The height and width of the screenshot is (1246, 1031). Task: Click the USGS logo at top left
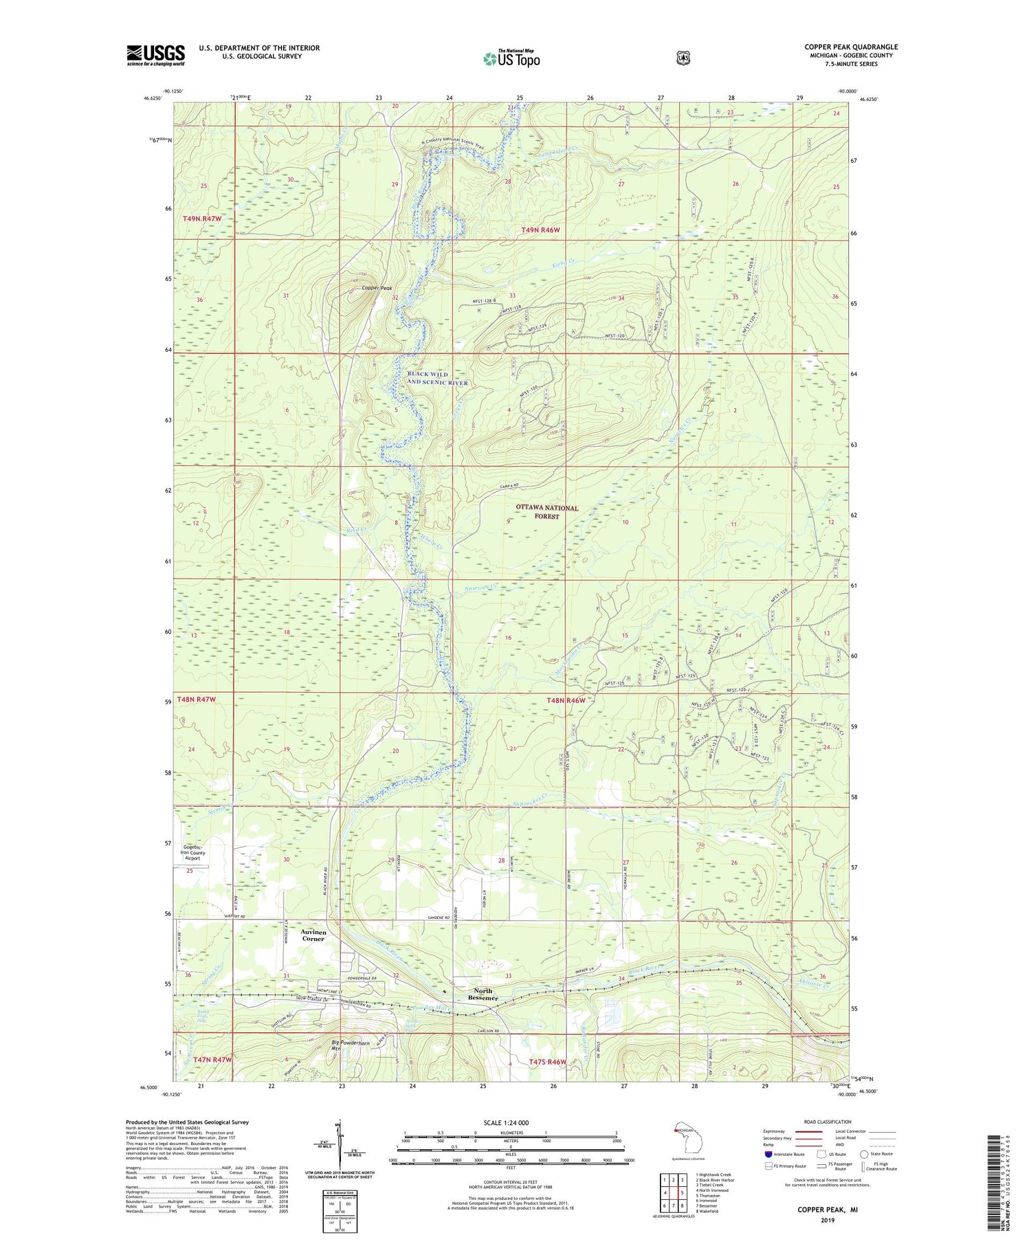[155, 54]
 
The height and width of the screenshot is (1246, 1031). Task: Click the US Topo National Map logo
[511, 58]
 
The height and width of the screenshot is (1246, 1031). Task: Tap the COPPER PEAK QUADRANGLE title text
[851, 47]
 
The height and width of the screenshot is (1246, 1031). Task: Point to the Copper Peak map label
[377, 288]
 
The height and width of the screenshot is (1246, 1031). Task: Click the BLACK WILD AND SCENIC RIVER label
[437, 379]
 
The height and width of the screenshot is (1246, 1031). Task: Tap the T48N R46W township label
[566, 700]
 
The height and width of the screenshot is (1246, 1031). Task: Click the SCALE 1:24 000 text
[506, 1122]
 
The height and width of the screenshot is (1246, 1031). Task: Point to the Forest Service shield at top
[682, 58]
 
